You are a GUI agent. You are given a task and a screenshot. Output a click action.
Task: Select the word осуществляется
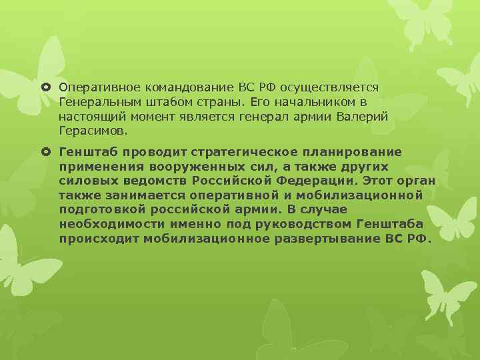pos(329,87)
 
